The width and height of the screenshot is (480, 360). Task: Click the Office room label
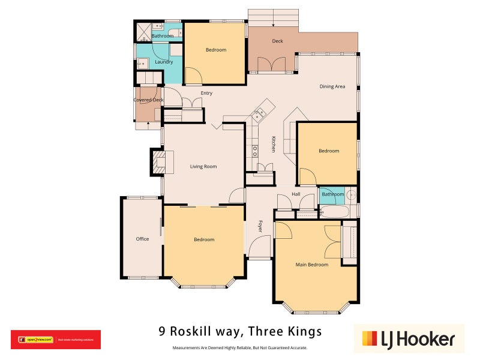tap(142, 239)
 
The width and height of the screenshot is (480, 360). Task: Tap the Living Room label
tap(203, 166)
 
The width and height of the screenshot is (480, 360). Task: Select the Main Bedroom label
tap(312, 265)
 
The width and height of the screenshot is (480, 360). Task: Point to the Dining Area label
tap(332, 86)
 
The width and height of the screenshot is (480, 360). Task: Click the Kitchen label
tap(273, 143)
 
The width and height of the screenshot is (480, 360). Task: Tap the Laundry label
tap(164, 62)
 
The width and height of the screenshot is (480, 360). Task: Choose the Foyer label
tap(260, 226)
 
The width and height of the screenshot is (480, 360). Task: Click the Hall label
tap(296, 194)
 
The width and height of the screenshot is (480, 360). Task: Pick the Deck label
tap(277, 41)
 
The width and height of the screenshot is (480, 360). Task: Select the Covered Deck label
tap(148, 100)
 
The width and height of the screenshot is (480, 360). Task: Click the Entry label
tap(206, 93)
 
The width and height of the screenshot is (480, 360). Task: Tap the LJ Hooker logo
tap(409, 339)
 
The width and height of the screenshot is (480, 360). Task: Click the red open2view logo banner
tap(56, 340)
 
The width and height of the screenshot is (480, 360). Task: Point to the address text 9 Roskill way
tap(240, 331)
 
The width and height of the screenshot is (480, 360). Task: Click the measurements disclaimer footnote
tap(240, 348)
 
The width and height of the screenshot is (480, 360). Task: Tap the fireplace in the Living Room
tap(159, 162)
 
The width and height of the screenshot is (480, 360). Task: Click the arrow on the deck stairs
tap(274, 24)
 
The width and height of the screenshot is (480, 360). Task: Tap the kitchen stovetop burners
tap(254, 151)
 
